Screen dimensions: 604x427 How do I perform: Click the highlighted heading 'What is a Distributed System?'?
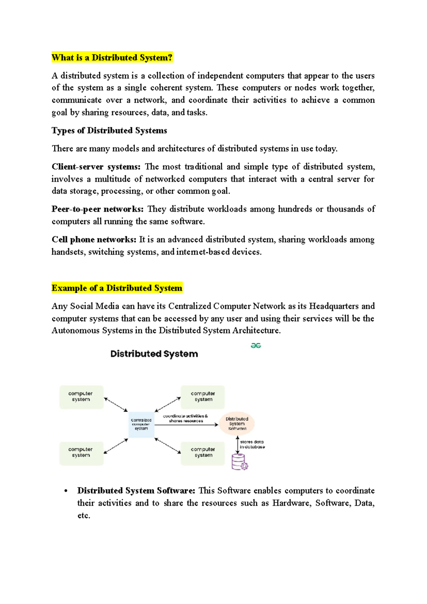112,58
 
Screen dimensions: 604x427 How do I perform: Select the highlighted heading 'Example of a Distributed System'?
117,288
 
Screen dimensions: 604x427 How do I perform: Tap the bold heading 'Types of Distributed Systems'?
109,131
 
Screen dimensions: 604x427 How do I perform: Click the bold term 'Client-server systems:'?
96,167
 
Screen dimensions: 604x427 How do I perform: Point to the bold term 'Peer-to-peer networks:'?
97,209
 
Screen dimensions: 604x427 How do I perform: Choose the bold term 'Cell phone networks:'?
94,240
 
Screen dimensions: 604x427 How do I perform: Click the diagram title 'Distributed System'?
154,354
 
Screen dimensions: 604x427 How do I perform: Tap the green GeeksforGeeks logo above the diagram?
256,345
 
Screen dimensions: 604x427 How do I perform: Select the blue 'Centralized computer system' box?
141,425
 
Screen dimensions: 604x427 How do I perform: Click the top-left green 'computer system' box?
81,397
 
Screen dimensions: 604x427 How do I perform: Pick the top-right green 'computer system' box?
203,397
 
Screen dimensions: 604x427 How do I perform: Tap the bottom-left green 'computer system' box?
81,453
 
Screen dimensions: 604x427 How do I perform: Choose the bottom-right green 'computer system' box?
203,453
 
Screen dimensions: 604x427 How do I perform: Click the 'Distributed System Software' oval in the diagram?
237,423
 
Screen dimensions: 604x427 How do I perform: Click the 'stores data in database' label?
252,444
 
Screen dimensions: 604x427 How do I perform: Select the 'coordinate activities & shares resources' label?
185,418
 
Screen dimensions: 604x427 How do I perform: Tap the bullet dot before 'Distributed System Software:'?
66,491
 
